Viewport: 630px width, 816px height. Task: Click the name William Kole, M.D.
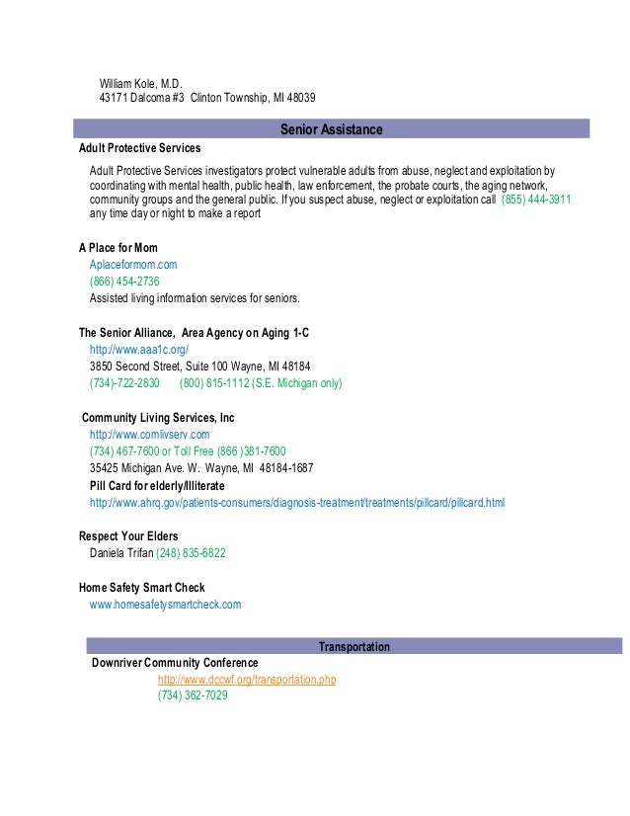click(x=141, y=81)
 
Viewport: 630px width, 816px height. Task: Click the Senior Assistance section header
click(x=331, y=129)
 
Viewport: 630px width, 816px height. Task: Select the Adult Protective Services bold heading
click(x=139, y=148)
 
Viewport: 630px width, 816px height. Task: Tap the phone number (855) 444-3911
click(x=536, y=199)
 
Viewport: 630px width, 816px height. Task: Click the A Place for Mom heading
click(x=118, y=247)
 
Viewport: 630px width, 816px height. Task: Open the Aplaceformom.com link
click(x=133, y=265)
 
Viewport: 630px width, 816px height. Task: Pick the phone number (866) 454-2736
click(x=124, y=282)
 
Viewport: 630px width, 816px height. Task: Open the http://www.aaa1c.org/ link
click(x=138, y=350)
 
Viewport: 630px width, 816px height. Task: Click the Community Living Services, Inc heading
click(x=158, y=418)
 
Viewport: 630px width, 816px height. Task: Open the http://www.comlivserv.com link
click(x=149, y=435)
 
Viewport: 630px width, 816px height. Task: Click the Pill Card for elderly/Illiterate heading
click(x=157, y=486)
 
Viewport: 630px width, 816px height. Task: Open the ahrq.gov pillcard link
click(x=296, y=503)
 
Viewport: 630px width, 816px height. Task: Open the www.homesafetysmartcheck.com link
click(x=165, y=604)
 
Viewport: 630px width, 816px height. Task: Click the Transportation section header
click(x=354, y=647)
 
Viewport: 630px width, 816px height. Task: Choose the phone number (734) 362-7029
click(x=193, y=695)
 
